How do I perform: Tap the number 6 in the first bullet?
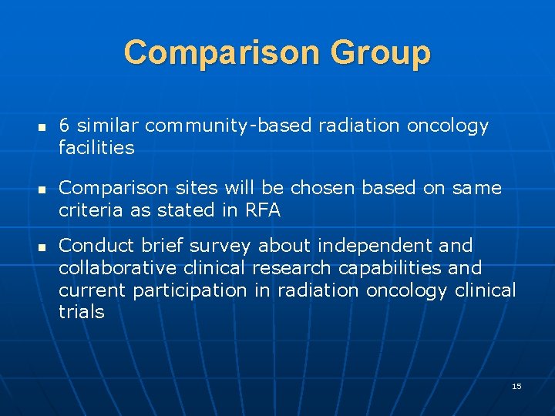[64, 126]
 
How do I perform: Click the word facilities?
[96, 147]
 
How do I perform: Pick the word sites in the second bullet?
[203, 188]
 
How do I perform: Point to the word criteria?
[89, 210]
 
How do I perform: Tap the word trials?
[81, 311]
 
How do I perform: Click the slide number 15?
[516, 386]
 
